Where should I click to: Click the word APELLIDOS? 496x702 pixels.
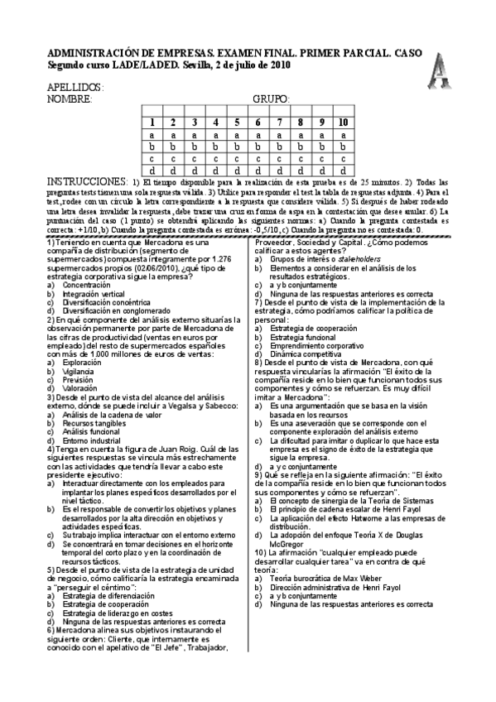pyautogui.click(x=75, y=87)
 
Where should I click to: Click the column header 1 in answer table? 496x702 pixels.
pyautogui.click(x=152, y=123)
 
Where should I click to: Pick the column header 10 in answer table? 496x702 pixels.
pyautogui.click(x=344, y=123)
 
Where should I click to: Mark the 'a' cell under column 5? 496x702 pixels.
pyautogui.click(x=237, y=135)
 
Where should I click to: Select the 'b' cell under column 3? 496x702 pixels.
pyautogui.click(x=195, y=147)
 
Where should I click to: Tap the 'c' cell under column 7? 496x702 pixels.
pyautogui.click(x=280, y=158)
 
